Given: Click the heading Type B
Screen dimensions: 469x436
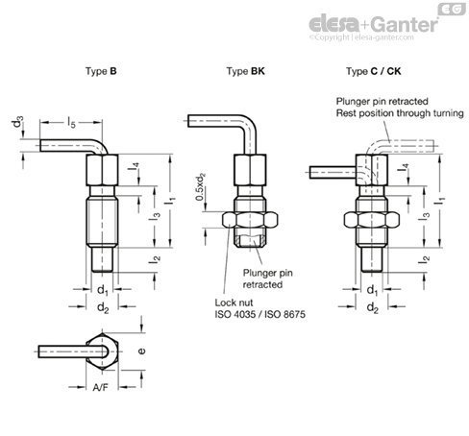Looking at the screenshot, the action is [x=101, y=71].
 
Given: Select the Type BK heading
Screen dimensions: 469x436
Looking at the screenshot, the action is [x=246, y=71].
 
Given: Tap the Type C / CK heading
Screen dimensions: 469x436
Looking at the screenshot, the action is [x=373, y=71].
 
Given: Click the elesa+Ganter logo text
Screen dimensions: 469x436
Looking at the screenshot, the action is [x=373, y=25].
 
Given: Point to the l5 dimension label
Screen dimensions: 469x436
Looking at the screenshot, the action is [x=71, y=122].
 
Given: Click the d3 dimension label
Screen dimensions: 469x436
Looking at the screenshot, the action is [x=18, y=122].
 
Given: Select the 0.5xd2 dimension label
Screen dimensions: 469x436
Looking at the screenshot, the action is [x=201, y=187].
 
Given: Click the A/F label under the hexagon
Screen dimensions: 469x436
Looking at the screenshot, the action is [x=101, y=388].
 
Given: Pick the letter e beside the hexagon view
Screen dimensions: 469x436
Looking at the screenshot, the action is [x=141, y=351].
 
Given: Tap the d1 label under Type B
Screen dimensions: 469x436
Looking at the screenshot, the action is [x=103, y=290].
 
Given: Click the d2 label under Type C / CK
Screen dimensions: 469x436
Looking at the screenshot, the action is [x=373, y=307].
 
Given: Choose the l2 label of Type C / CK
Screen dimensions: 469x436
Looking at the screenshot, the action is [x=424, y=259].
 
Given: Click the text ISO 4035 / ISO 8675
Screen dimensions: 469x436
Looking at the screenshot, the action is [x=259, y=314].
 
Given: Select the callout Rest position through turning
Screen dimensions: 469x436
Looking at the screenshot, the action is [x=400, y=113].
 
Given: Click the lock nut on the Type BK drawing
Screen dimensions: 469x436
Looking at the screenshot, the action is [x=250, y=220].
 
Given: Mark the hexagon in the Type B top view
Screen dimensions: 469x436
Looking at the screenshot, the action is [x=102, y=351].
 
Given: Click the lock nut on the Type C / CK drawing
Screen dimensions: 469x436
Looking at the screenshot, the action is [x=372, y=220].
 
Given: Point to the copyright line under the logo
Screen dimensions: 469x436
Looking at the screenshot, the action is [x=361, y=37].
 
